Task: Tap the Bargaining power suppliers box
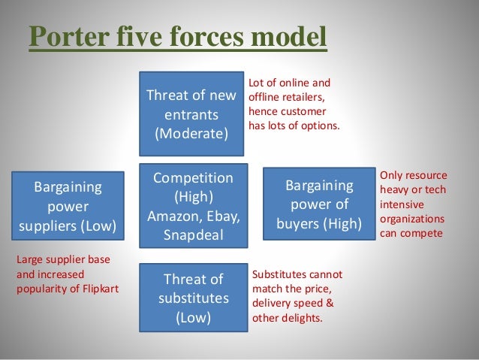[68, 204]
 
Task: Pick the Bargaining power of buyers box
[319, 204]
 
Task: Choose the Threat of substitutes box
[194, 297]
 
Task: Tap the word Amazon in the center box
[172, 216]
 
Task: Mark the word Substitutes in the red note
[281, 274]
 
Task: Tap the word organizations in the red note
[412, 219]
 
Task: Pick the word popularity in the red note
[44, 288]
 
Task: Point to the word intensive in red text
[402, 204]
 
